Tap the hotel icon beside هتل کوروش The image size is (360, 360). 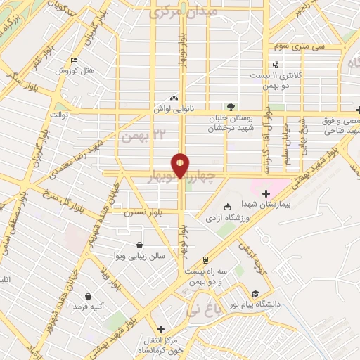74,60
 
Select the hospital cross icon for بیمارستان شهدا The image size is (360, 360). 265,193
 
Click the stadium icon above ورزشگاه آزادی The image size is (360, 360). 227,207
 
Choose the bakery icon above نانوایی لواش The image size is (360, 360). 174,98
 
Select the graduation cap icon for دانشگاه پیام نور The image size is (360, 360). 256,294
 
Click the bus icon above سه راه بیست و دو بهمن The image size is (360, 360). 205,259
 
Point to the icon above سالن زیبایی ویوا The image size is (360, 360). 141,245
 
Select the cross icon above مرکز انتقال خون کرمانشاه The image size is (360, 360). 161,328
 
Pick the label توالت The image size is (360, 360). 57,115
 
